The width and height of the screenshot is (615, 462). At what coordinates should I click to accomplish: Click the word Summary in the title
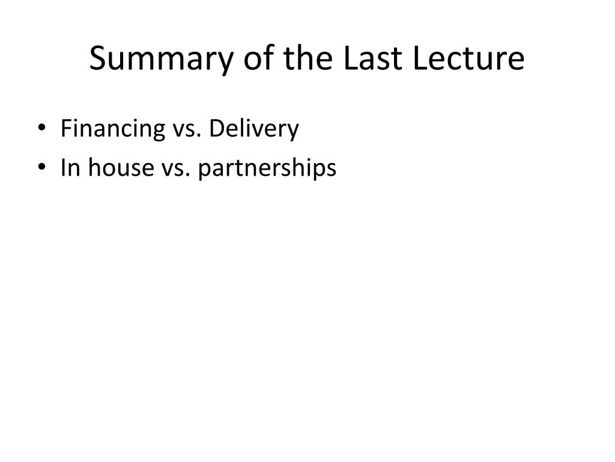[x=162, y=59]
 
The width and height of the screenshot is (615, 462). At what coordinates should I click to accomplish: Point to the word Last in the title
[x=372, y=58]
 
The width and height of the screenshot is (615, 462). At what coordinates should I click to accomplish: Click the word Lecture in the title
[x=468, y=58]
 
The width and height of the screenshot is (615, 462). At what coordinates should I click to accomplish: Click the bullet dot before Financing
[x=41, y=128]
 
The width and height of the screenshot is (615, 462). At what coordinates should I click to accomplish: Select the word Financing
[x=113, y=129]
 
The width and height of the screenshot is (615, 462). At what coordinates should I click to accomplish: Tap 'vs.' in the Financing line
[x=187, y=131]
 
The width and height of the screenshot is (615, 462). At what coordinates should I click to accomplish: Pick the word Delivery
[x=254, y=129]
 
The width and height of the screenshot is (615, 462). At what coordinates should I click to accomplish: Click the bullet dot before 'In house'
[x=41, y=167]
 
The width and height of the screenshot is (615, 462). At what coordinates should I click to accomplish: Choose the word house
[x=121, y=167]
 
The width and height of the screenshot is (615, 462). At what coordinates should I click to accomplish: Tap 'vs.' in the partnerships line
[x=176, y=170]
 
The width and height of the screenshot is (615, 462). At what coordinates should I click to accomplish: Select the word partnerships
[x=267, y=168]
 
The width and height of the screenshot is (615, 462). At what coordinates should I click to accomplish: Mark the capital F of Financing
[x=67, y=128]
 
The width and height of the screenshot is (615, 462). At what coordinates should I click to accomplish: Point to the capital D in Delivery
[x=218, y=128]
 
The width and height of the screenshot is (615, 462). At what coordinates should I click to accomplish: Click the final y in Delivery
[x=292, y=132]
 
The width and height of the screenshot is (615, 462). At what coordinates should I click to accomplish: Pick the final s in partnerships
[x=331, y=170]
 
